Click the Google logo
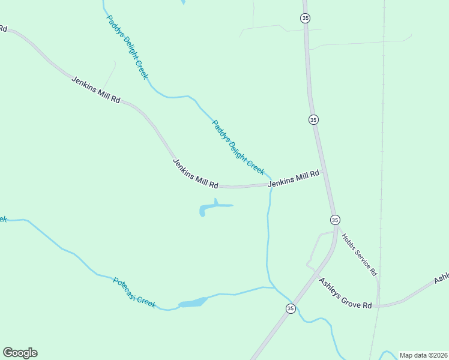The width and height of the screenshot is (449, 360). pos(20,353)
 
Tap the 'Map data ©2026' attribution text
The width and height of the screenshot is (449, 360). pos(423,355)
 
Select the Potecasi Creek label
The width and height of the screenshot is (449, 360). pos(134,293)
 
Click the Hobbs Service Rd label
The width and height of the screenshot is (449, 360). pos(360,254)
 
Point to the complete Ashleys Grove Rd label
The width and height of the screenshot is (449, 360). pos(345,293)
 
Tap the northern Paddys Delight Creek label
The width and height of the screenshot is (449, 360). pos(127,47)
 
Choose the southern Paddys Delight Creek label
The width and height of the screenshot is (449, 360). pos(238,147)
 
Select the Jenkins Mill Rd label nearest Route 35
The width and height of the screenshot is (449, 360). pos(293,179)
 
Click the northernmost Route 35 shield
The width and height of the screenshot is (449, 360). pos(306,19)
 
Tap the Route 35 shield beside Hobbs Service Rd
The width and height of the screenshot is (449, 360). pos(335,220)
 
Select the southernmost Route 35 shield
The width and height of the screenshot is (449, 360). pos(291,308)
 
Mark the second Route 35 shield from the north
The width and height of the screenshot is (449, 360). pos(313,119)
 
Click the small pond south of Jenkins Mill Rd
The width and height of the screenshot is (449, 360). pos(210,208)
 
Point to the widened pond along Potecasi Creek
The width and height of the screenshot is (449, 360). pos(192,302)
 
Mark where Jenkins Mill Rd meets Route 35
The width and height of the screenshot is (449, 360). pos(322,172)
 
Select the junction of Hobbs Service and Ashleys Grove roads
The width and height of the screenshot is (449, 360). pos(378,305)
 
